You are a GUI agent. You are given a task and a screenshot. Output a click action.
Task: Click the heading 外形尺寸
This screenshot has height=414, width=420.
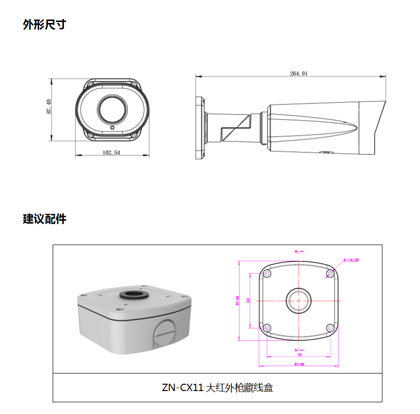tap(44, 24)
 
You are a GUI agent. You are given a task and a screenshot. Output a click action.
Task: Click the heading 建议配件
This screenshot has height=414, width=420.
tap(44, 219)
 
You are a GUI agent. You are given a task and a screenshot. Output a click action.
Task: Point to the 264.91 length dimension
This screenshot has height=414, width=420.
tap(299, 74)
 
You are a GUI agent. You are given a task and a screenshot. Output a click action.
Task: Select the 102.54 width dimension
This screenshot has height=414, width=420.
tap(111, 152)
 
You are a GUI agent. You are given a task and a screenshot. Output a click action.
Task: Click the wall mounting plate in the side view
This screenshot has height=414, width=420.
tap(200, 127)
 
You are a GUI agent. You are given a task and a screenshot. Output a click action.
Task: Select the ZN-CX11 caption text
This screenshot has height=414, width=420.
tap(217, 388)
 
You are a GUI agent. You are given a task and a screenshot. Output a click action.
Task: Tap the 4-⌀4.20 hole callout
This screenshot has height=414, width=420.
tap(351, 260)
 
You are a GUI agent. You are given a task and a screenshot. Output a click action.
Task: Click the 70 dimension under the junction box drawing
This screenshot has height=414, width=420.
tap(299, 355)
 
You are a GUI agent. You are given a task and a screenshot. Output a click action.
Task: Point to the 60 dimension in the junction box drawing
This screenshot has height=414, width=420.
tap(248, 300)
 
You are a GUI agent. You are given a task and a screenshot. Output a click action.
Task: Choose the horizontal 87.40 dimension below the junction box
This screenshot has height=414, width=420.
tap(299, 364)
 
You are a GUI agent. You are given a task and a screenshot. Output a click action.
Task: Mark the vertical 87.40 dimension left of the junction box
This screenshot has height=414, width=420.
tap(238, 300)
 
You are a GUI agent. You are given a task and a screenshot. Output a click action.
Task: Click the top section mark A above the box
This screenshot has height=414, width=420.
tap(296, 251)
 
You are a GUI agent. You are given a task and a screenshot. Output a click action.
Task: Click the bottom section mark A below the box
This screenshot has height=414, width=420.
tap(296, 350)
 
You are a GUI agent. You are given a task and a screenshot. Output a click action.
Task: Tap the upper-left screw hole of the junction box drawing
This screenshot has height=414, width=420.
tap(267, 273)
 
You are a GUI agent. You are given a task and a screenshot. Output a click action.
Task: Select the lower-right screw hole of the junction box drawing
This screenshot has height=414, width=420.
tap(330, 328)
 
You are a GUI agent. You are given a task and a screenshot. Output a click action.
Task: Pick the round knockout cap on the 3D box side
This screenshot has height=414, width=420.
tap(164, 333)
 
